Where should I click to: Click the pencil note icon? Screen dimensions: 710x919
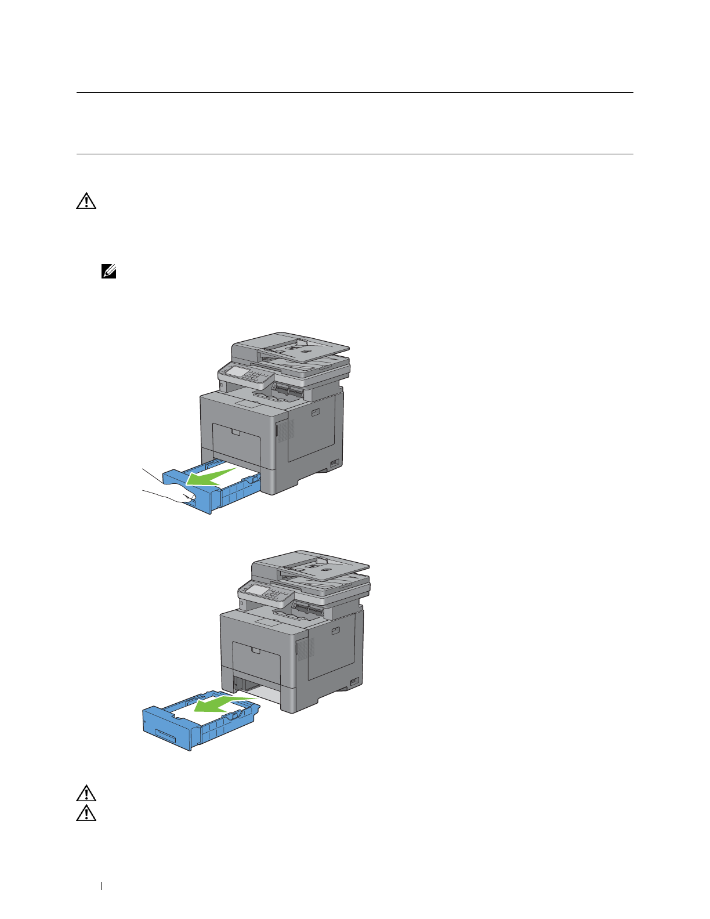[109, 271]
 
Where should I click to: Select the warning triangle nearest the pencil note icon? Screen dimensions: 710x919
[86, 201]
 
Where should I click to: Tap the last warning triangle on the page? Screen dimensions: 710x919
[86, 813]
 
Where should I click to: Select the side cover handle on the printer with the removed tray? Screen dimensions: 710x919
[335, 631]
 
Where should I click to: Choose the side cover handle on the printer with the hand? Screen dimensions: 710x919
[315, 413]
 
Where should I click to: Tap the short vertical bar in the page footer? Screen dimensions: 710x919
[102, 886]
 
